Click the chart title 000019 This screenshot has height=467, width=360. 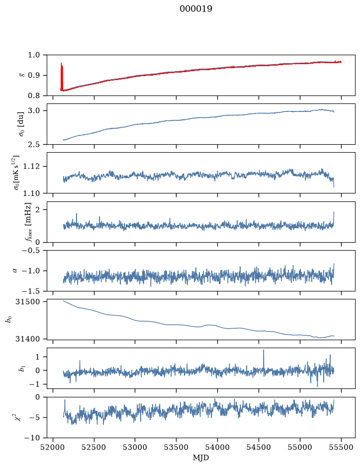[196, 9]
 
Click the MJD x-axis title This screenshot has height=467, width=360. [201, 458]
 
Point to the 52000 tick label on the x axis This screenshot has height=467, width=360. [53, 447]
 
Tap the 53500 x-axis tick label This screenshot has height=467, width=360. [177, 447]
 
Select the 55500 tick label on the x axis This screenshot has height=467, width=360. [341, 447]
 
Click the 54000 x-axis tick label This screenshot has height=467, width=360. [217, 447]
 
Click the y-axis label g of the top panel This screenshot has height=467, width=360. [21, 76]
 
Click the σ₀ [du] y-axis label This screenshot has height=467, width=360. [21, 124]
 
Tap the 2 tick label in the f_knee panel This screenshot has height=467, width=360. [37, 210]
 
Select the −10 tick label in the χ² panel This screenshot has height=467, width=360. [32, 438]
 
